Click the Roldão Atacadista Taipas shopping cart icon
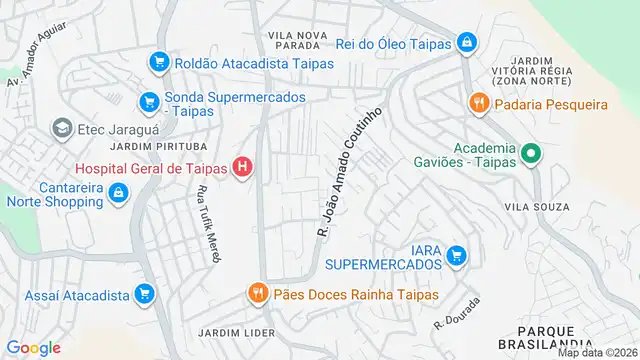point(157,63)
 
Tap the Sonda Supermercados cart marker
point(149,101)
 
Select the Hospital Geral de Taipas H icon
point(242,167)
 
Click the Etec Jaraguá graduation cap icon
point(62,128)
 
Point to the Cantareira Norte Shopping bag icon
point(119,193)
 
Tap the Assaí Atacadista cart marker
point(145,293)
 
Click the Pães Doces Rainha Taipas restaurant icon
point(258,293)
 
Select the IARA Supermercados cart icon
point(457,255)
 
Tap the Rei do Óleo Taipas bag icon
point(466,42)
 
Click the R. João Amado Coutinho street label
point(350,173)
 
